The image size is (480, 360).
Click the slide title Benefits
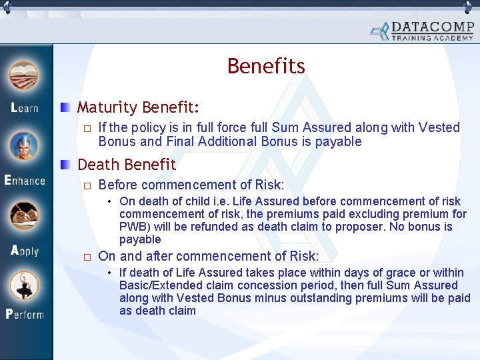[266, 67]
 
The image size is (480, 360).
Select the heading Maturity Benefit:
[138, 107]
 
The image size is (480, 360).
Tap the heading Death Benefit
[127, 164]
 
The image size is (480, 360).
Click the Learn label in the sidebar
[25, 107]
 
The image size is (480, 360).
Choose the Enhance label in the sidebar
[25, 180]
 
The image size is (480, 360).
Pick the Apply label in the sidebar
[25, 251]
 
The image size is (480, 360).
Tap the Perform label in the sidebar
[25, 313]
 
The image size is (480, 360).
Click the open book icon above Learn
[25, 76]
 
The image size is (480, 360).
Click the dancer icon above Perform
[25, 285]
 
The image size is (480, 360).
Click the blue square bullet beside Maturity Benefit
[65, 107]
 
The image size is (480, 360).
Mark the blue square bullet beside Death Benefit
[65, 164]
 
